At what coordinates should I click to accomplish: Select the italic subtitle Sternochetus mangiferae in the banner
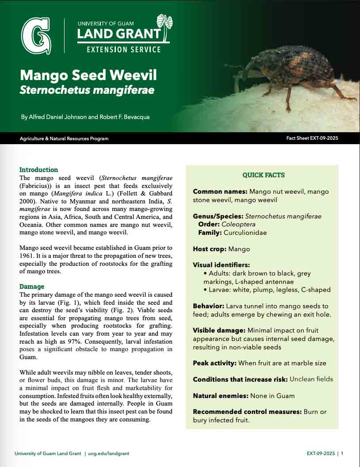87,90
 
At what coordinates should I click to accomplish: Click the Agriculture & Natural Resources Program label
64,138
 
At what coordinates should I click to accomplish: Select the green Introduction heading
38,170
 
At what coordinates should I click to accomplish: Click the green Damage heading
31,287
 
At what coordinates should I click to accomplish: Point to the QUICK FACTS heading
264,175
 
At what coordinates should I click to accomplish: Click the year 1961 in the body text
28,256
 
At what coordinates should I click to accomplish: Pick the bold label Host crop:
210,249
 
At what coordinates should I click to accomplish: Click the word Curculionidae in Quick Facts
245,233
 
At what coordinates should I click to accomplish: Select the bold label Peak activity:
214,363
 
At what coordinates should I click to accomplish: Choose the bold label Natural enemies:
221,396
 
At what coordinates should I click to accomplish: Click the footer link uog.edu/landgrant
108,453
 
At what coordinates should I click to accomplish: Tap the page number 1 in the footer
342,453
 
